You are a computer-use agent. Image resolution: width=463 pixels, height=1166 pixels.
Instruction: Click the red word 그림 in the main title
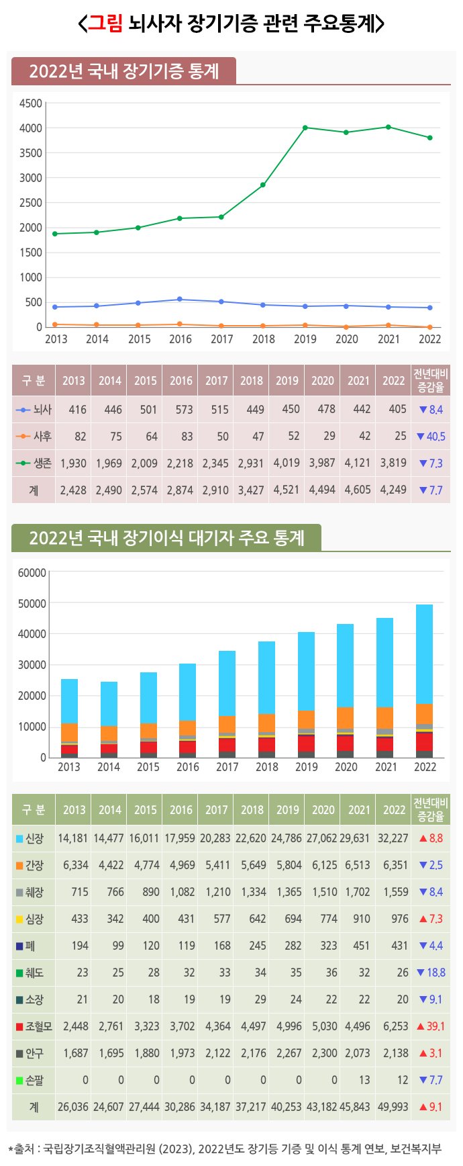(106, 24)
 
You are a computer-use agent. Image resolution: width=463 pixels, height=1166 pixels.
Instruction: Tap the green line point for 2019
(305, 128)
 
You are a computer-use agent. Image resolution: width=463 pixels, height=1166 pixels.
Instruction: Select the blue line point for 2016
(180, 300)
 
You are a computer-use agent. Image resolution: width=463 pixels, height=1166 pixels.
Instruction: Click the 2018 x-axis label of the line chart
(264, 339)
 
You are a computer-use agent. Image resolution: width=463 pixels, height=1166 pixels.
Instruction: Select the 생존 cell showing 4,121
(358, 463)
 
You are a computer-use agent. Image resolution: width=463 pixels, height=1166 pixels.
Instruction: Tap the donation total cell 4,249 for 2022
(393, 490)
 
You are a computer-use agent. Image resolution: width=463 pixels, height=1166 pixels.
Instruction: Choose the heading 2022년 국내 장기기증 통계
(124, 71)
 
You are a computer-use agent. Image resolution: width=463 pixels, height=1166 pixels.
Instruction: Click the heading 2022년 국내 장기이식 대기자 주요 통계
(166, 538)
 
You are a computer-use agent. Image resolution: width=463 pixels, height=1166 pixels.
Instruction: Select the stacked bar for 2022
(425, 681)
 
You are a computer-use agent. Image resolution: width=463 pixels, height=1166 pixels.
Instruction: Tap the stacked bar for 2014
(109, 719)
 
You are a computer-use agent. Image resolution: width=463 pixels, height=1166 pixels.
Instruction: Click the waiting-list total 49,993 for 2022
(393, 1107)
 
